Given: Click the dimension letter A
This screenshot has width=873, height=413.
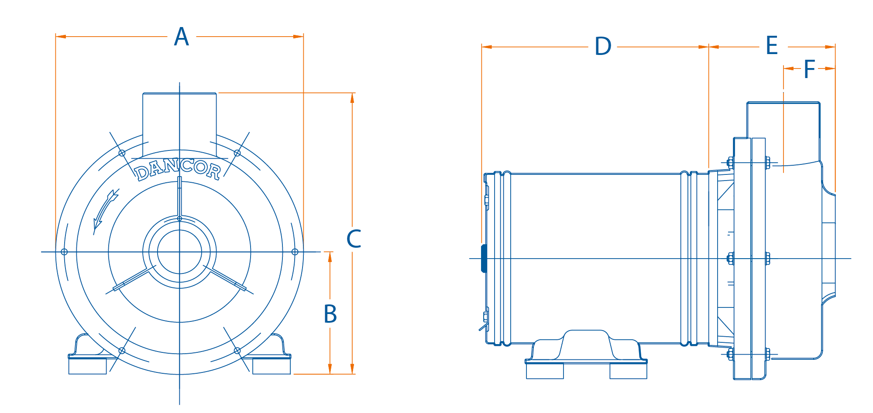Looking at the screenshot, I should (181, 37).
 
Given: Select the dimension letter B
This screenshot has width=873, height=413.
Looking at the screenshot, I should (330, 314).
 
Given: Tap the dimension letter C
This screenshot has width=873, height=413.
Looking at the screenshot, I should (354, 239).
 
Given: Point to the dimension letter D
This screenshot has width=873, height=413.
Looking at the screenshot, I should (603, 47).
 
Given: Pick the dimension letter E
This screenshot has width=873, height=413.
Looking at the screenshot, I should (772, 46).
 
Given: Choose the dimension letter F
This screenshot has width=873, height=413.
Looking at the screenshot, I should (809, 69).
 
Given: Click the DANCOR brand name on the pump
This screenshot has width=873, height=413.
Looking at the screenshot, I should (178, 170).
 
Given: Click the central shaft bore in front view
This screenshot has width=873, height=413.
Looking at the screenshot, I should (179, 252).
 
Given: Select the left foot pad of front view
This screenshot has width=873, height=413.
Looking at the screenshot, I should (87, 365).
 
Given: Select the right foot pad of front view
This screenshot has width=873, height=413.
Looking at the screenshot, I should (272, 365).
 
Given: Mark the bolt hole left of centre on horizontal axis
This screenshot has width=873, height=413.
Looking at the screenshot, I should (64, 252).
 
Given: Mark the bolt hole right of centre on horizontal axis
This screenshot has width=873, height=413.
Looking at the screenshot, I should (295, 252).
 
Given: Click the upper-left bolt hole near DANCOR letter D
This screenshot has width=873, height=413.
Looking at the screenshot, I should (122, 153).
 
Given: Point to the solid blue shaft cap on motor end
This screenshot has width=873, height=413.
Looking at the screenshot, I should (484, 258).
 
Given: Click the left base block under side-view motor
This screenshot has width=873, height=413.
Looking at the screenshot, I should (545, 371).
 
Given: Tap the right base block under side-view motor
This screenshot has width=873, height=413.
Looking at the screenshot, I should (628, 371).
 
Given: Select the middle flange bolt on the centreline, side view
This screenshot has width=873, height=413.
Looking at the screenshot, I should (730, 259).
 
